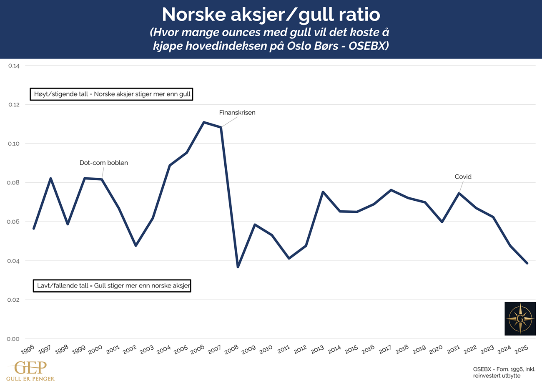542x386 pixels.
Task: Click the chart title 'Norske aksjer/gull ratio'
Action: coord(271,15)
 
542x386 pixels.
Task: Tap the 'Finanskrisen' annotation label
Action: coord(237,113)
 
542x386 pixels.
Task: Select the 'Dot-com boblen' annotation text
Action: coord(104,163)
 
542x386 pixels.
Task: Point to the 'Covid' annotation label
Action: coord(463,177)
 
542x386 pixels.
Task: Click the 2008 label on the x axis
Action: coord(232,350)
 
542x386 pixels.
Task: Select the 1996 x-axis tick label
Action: coord(28,350)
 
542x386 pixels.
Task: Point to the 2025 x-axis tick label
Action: coord(521,350)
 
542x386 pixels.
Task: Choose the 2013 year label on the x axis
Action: coord(317,350)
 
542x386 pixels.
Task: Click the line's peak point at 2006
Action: coord(203,122)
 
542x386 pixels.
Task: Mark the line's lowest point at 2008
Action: coord(238,267)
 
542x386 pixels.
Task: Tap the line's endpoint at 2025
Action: coord(527,263)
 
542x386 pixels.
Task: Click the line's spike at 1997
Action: coord(51,179)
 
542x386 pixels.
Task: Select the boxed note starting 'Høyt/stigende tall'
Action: coord(111,94)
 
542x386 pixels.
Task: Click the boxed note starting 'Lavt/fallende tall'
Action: coord(112,286)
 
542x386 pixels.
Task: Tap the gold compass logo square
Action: coord(520,318)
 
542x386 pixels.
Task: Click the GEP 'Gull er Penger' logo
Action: coord(30,371)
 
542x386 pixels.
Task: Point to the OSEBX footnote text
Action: coord(504,373)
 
